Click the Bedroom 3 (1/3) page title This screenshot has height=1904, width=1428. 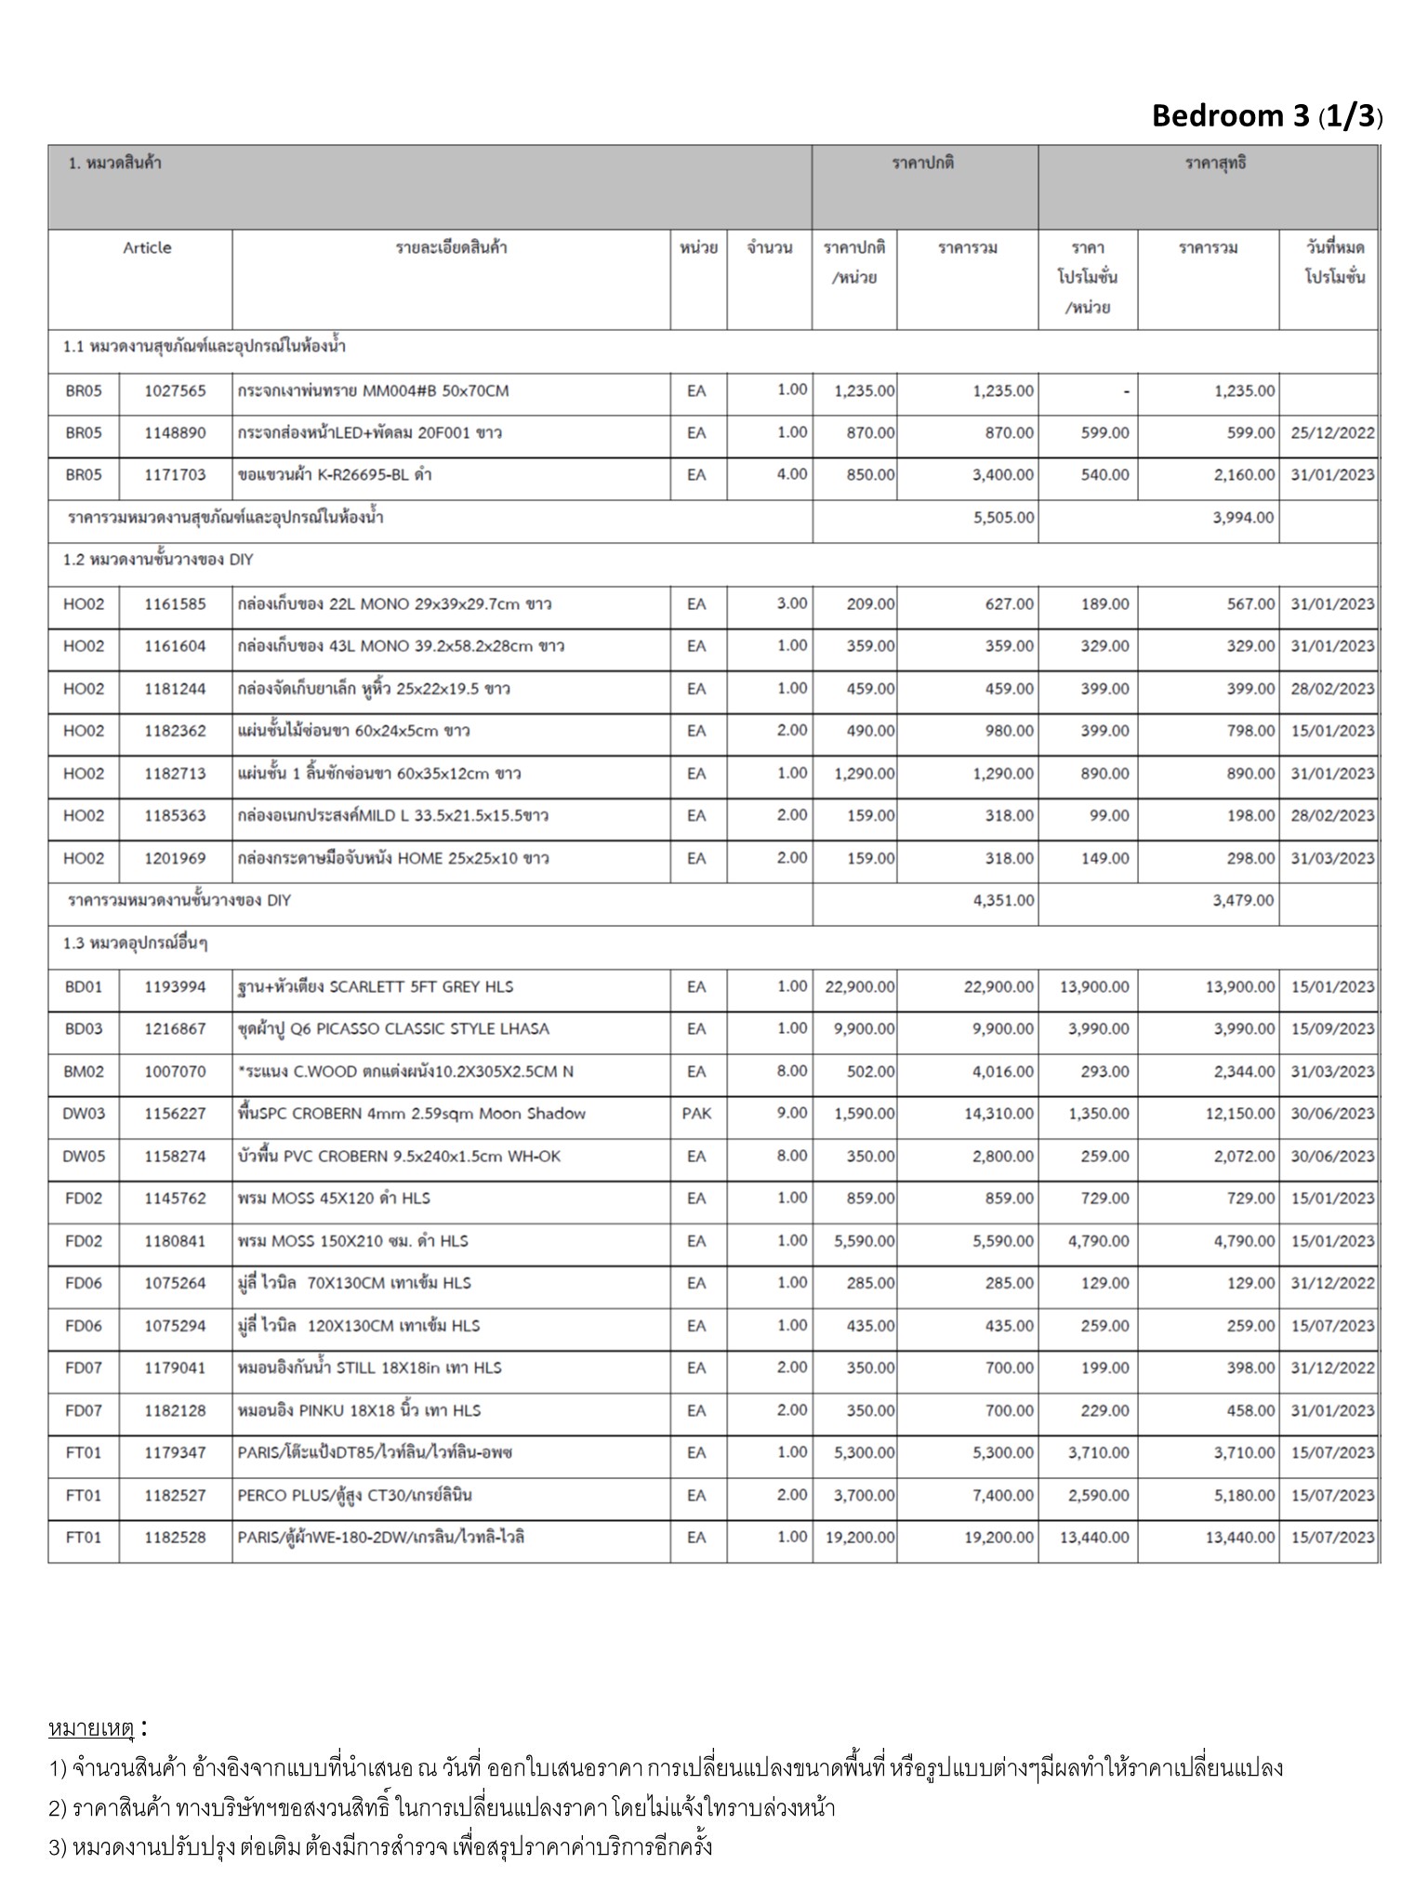click(1266, 116)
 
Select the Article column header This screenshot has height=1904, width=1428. click(147, 248)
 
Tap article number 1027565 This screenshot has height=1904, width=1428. click(175, 391)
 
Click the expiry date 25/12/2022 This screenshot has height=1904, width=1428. click(1331, 433)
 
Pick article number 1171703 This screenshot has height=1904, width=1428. click(175, 475)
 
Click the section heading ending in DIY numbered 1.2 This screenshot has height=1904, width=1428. click(158, 561)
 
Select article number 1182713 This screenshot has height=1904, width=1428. click(175, 773)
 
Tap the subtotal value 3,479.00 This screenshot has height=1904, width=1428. click(1243, 901)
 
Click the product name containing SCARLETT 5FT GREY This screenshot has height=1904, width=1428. click(376, 987)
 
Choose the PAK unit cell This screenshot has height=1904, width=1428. click(696, 1114)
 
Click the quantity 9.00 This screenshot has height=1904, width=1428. click(792, 1114)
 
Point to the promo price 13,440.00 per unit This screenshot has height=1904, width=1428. click(1094, 1538)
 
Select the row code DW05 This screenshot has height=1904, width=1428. click(84, 1157)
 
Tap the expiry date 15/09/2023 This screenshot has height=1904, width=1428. click(1331, 1029)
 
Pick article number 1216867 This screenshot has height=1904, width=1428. click(175, 1029)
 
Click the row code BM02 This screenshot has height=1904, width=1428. click(84, 1072)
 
